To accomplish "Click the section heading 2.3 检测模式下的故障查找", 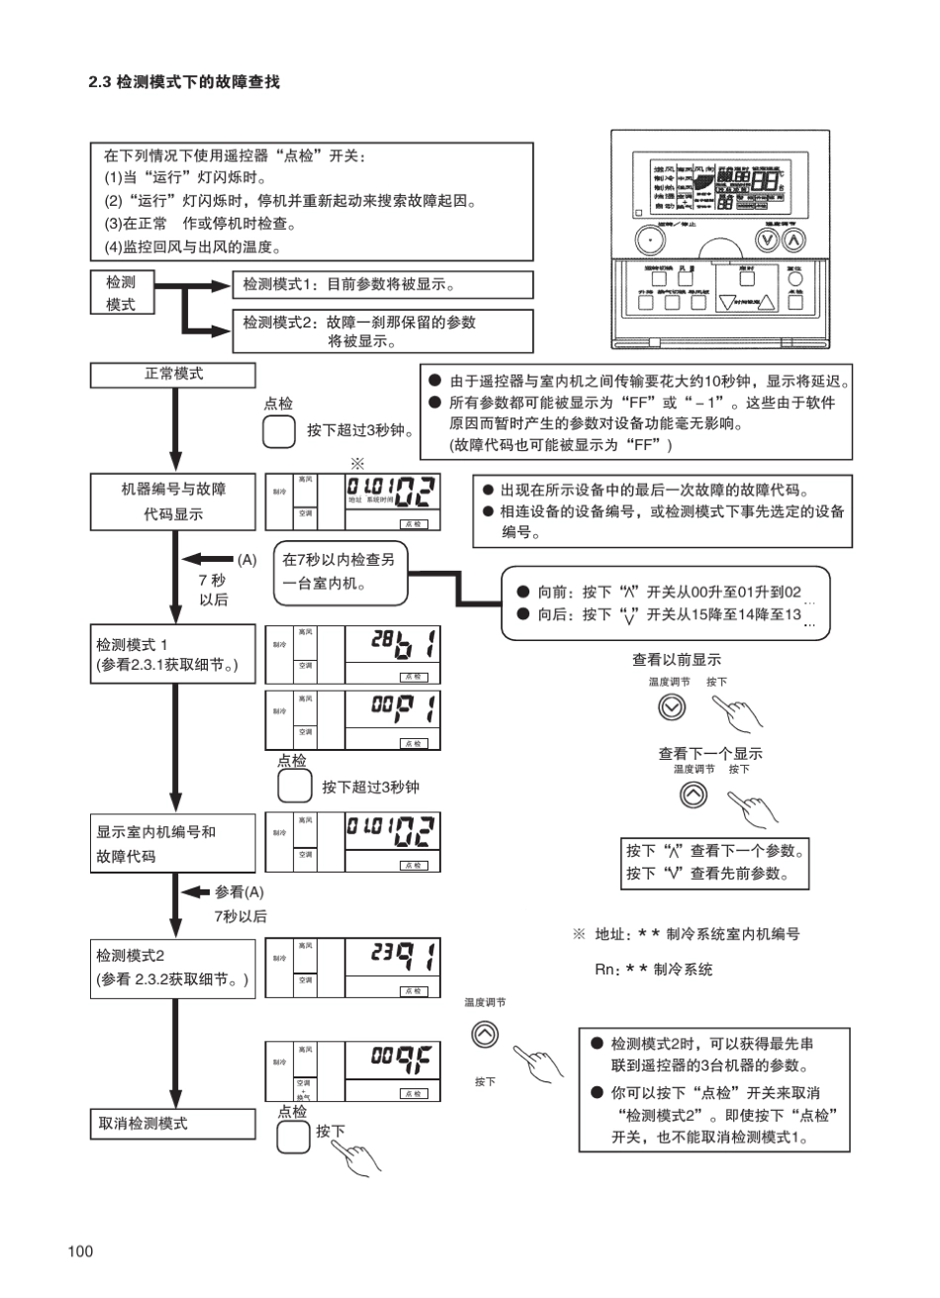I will (x=184, y=82).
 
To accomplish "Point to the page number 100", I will (x=81, y=1252).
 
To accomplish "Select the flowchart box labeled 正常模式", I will (x=174, y=375).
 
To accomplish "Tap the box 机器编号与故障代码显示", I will (x=174, y=501).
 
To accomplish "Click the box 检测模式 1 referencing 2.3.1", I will (x=174, y=654).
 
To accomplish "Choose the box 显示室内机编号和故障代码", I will (x=174, y=843).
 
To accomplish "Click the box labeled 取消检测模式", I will (x=174, y=1124).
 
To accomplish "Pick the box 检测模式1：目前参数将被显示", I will (x=382, y=285).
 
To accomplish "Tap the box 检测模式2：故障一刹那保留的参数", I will (x=382, y=331).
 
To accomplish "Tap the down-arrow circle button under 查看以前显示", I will (x=671, y=706).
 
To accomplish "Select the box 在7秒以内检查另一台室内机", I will (x=341, y=571).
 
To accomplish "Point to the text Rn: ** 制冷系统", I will (x=653, y=970).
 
